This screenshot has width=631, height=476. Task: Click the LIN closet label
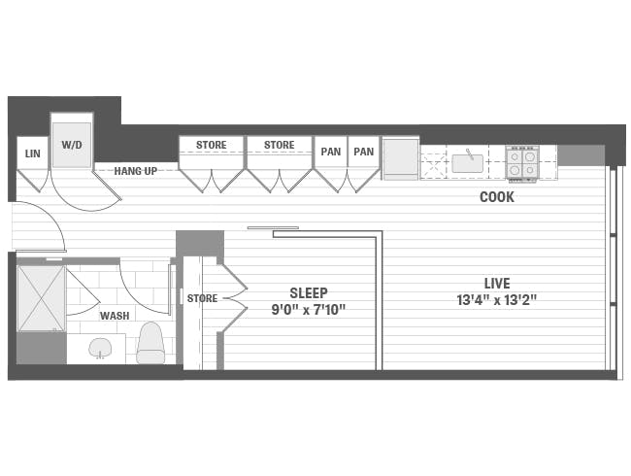coord(31,153)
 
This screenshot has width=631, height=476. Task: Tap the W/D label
coord(71,145)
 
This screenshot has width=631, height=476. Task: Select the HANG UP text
coord(136,171)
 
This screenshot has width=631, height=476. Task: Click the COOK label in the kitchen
coord(496,197)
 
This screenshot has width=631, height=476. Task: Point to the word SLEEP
coord(309,292)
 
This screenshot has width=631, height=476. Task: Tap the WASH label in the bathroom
coord(115,316)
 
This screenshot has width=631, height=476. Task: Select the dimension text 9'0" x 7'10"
coord(308,310)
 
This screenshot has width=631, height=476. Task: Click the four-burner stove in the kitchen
coord(521,162)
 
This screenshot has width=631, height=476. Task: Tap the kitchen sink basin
coord(468,161)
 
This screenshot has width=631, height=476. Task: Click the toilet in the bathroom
coord(150,342)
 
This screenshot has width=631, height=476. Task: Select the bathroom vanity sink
coord(101,347)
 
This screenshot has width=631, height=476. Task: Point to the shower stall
coord(41,299)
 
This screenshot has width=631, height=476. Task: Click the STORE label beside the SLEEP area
coord(202,298)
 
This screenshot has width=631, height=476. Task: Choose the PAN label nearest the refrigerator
coord(363,152)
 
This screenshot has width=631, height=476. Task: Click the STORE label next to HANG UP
coord(211,146)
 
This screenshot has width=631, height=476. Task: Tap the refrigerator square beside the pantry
coord(399,157)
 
